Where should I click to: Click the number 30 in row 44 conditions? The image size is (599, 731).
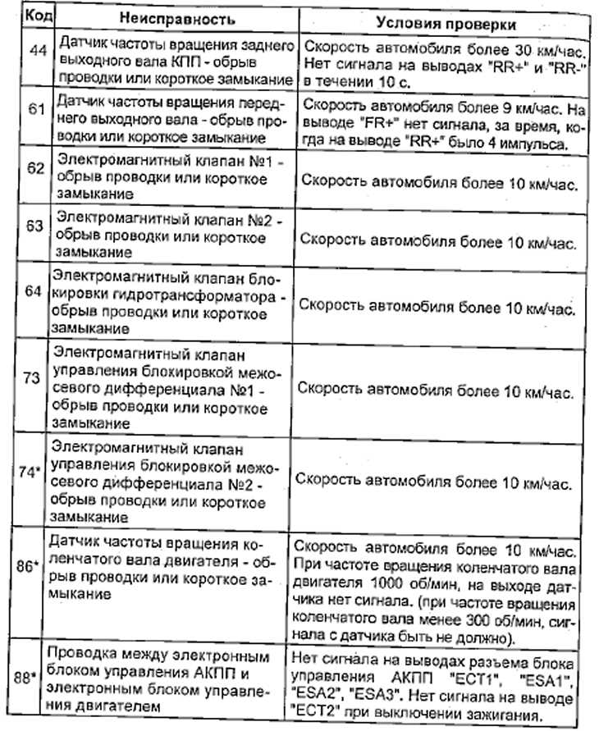coord(511,48)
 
